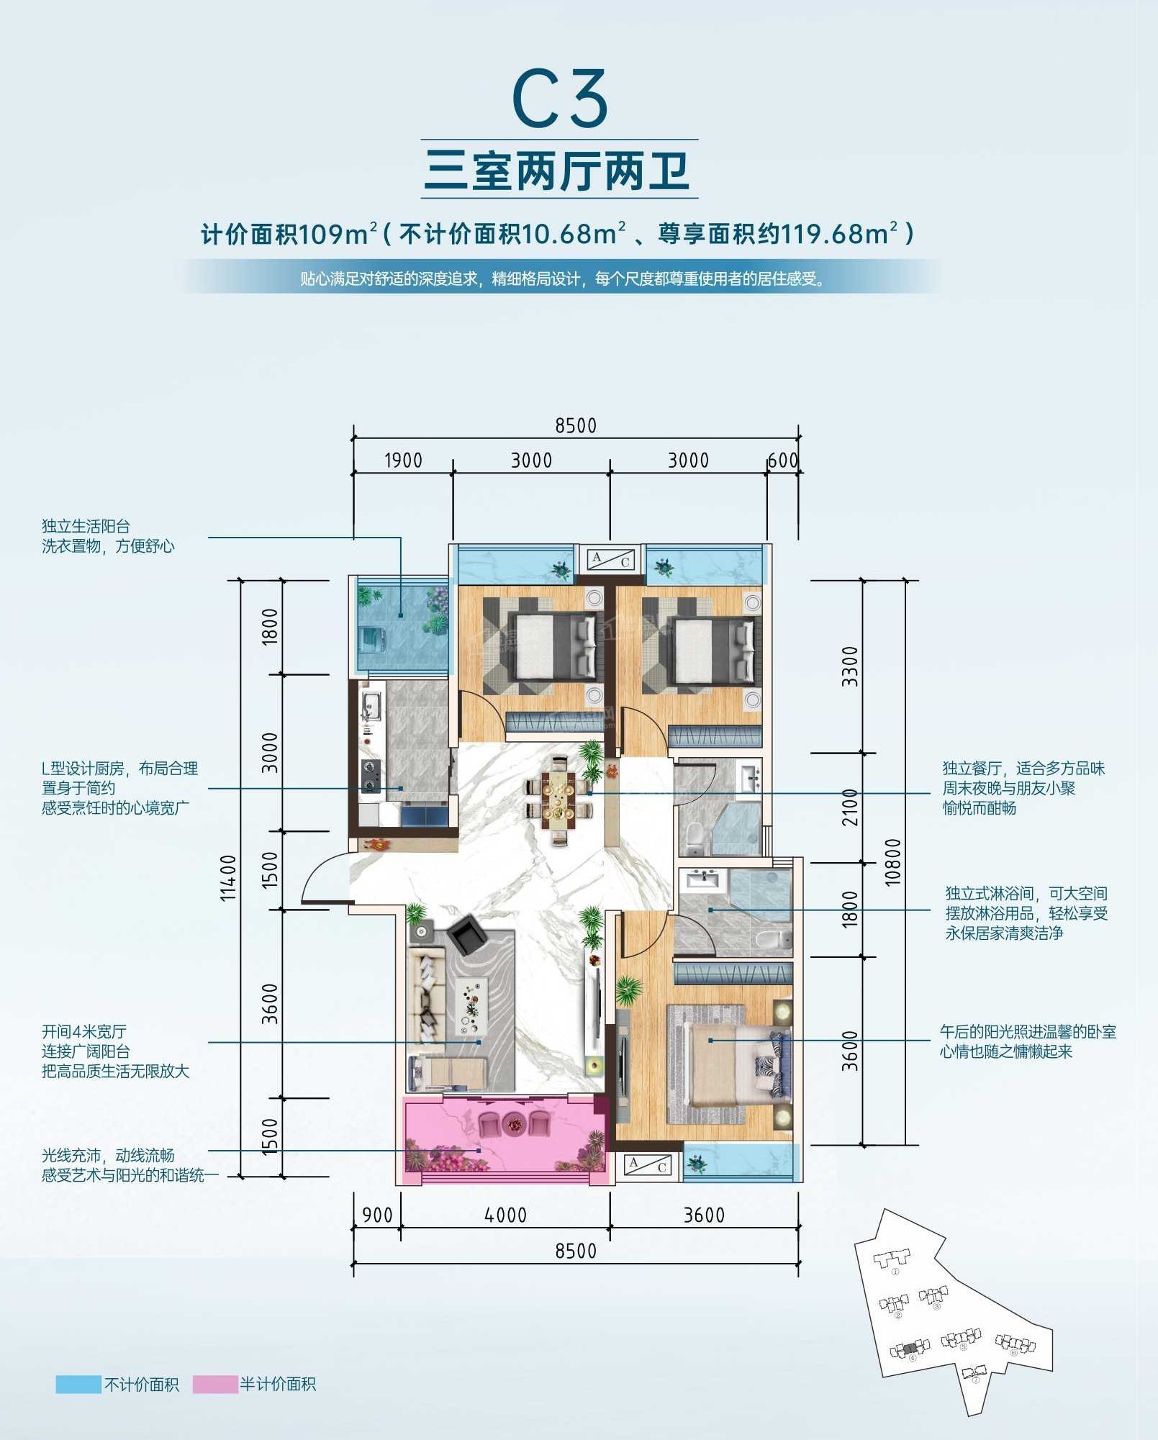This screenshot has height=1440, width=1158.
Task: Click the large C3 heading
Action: [560, 99]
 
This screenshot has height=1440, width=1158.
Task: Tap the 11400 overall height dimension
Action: [228, 877]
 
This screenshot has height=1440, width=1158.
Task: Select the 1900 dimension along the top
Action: [403, 460]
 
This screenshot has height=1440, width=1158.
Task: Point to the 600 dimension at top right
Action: [782, 460]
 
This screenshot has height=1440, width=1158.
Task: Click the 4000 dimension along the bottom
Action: [505, 1215]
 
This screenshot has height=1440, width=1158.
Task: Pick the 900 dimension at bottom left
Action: [377, 1215]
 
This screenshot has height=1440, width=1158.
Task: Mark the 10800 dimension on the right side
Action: [892, 862]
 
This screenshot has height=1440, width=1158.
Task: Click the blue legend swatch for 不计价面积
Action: [78, 1384]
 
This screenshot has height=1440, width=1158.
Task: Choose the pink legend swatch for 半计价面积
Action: [215, 1384]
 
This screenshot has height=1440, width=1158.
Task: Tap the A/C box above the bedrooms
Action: [611, 559]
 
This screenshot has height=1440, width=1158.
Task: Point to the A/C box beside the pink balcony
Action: [648, 1164]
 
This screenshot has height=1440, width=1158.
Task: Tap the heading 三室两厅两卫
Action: [558, 171]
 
